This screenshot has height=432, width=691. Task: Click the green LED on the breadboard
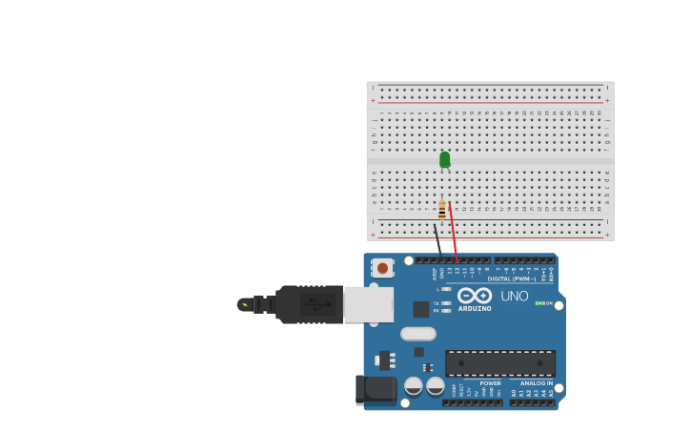[x=444, y=159]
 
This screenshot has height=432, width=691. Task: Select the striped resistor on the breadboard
[x=442, y=209]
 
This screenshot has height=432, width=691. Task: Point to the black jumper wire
[x=437, y=237]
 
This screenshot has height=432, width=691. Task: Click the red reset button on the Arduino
[x=382, y=268]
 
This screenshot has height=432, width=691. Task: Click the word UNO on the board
[x=514, y=296]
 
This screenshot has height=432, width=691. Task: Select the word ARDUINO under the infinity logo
[x=475, y=308]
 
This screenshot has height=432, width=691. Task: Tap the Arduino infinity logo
[x=475, y=295]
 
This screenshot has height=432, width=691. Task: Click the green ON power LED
[x=539, y=303]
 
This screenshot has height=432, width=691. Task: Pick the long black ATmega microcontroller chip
[x=499, y=362]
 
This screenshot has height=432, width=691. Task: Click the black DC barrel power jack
[x=376, y=389]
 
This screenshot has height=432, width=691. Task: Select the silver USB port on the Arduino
[x=369, y=304]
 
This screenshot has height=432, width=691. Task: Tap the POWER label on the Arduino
[x=490, y=383]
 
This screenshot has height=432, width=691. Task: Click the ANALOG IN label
[x=536, y=383]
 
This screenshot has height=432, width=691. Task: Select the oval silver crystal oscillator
[x=418, y=334]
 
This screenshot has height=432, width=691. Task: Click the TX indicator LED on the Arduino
[x=446, y=303]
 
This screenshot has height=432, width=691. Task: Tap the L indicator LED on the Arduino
[x=446, y=289]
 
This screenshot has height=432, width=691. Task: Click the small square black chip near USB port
[x=420, y=309]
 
